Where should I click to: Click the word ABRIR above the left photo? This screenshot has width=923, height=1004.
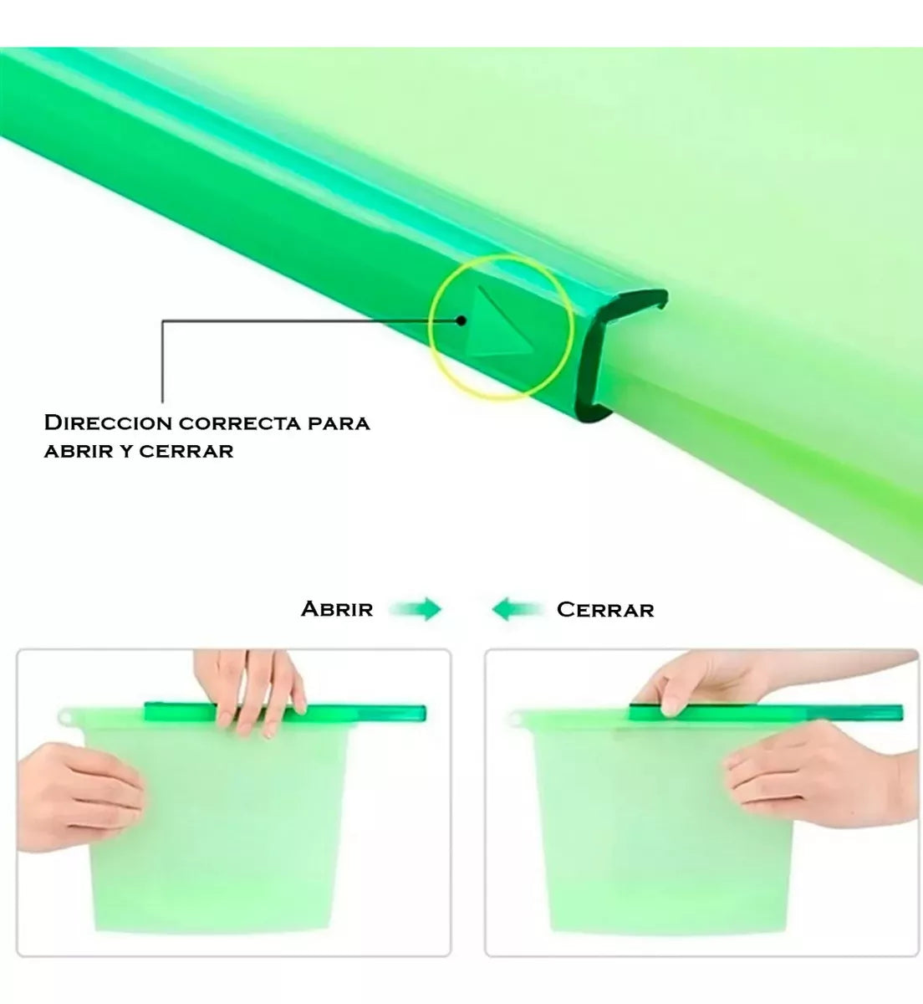point(337,609)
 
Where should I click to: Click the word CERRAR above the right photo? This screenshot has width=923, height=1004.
point(605,610)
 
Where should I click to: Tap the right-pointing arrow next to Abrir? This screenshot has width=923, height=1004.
point(416,609)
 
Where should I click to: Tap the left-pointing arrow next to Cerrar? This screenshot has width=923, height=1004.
point(518,609)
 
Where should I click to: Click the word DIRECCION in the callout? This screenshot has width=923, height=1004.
point(109,423)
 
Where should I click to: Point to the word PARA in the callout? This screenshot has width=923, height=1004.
point(339,423)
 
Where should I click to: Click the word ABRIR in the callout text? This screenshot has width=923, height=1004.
point(75,452)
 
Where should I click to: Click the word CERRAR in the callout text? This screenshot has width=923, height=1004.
point(186,452)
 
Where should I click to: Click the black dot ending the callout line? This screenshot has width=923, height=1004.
point(461,320)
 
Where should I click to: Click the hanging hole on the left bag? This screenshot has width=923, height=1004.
point(64,718)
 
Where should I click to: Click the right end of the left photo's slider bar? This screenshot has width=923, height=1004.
point(423,713)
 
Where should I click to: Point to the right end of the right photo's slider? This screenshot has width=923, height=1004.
point(900,712)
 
